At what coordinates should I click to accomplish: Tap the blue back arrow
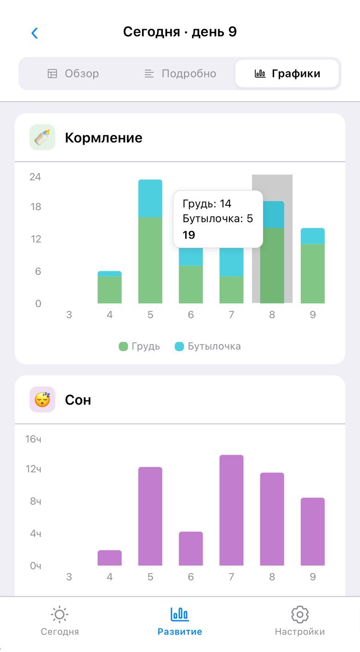[35, 33]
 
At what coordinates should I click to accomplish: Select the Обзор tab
[73, 73]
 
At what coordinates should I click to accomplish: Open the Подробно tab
[180, 73]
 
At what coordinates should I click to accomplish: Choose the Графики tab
[287, 73]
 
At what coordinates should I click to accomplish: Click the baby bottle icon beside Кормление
[42, 138]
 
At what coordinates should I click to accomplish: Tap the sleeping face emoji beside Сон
[42, 400]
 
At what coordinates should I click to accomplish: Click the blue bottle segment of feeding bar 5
[150, 198]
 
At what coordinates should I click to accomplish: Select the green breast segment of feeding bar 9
[312, 273]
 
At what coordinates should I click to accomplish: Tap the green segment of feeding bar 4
[109, 290]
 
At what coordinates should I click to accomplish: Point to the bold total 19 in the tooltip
[189, 235]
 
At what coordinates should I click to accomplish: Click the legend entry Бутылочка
[208, 346]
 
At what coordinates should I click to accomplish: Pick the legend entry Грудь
[139, 346]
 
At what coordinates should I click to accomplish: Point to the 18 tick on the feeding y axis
[36, 207]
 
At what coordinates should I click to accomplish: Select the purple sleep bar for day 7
[231, 510]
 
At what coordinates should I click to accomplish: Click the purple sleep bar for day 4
[109, 557]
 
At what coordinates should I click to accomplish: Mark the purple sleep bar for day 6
[191, 548]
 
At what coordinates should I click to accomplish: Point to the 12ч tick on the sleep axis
[34, 469]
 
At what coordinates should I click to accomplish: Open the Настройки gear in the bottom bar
[300, 615]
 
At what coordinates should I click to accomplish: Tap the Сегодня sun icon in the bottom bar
[60, 615]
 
